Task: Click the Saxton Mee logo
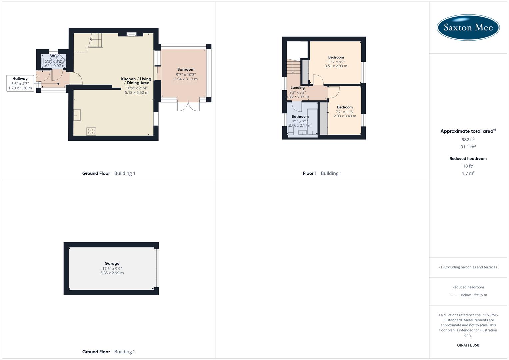coord(468,27)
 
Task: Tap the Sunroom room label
coord(186,69)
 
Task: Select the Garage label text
coord(112,263)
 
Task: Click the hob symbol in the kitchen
coord(91,131)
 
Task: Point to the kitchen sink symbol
coord(77,115)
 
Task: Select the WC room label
coord(53,56)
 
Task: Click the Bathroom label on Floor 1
coord(300,117)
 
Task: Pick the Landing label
coord(297,88)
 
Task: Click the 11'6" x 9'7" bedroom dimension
coord(336,62)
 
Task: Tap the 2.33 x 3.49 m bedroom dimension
coord(345,116)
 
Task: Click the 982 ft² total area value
coord(468,140)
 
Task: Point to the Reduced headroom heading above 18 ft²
coord(468,159)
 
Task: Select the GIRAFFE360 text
coord(468,345)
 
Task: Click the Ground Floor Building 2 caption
coord(109,352)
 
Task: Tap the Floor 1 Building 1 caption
coord(322,173)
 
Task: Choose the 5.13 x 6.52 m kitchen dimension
coord(136,93)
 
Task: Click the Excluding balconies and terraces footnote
coord(468,267)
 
